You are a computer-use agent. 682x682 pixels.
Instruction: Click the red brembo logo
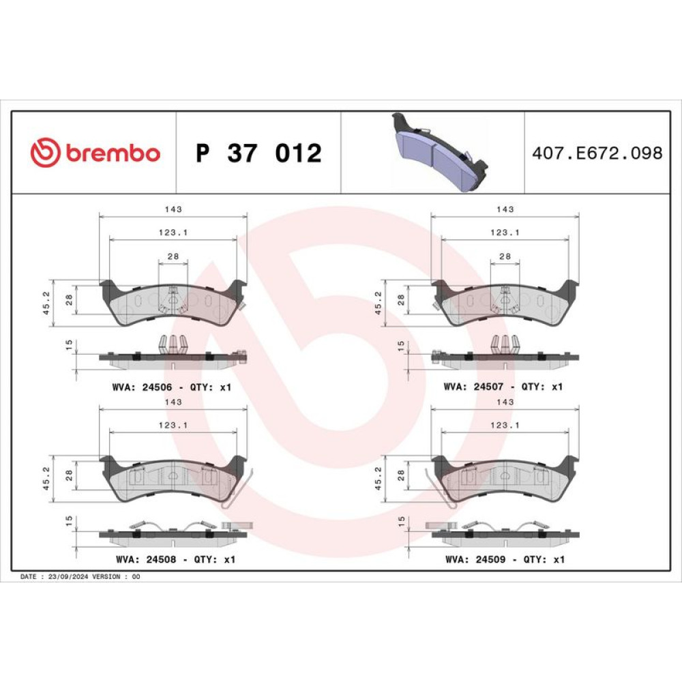pyautogui.click(x=95, y=152)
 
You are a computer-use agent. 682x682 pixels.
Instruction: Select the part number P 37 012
pyautogui.click(x=258, y=153)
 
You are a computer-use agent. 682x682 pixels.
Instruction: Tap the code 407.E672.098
pyautogui.click(x=597, y=153)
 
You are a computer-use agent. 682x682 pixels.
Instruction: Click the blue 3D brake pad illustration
pyautogui.click(x=439, y=152)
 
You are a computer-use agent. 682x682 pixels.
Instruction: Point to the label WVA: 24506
pyautogui.click(x=143, y=387)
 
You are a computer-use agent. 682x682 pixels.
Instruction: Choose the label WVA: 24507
pyautogui.click(x=474, y=386)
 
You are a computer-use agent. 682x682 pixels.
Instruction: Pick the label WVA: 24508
pyautogui.click(x=146, y=559)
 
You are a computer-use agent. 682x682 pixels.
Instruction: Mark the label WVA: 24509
pyautogui.click(x=475, y=559)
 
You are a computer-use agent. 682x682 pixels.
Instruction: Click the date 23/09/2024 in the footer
pyautogui.click(x=68, y=576)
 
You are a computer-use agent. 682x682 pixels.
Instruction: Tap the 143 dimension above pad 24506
pyautogui.click(x=173, y=209)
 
